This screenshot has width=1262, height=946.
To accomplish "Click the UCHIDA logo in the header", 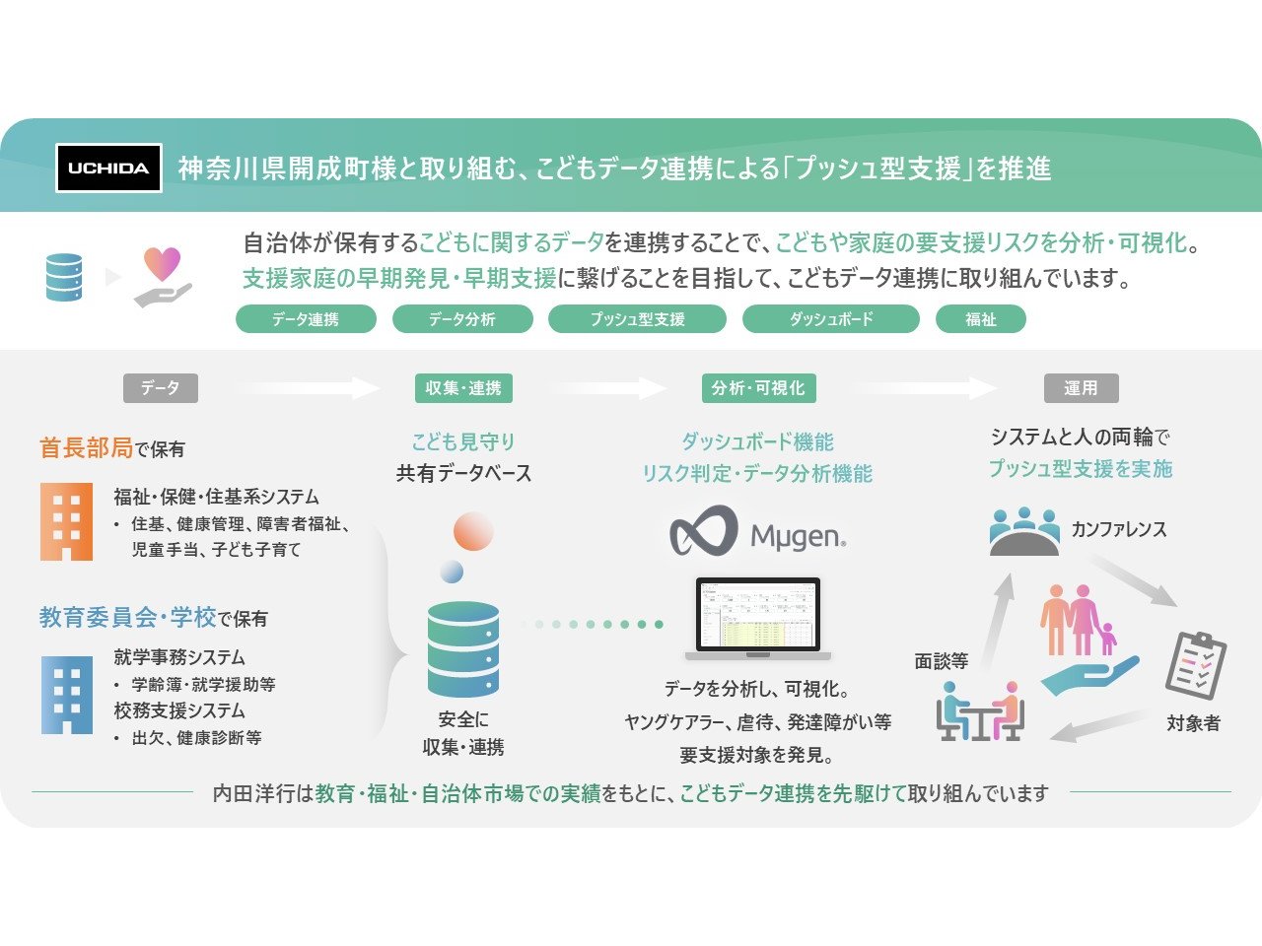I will coord(108,168).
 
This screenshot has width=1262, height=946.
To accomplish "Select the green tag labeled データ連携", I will coord(306,319).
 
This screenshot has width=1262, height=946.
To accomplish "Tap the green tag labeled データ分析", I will coord(462,319).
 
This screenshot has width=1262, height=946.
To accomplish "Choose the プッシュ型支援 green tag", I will coord(637,319).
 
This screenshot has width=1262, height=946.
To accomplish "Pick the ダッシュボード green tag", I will coord(830,319).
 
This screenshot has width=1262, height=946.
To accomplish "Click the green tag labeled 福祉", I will coord(981,319).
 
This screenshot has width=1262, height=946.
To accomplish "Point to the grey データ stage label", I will coord(160,388).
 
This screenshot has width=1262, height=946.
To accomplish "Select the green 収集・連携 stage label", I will coord(463,388).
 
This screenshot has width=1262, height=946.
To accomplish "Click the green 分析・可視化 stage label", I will coord(758,388).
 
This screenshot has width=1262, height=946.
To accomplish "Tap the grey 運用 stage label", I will coord(1081,388).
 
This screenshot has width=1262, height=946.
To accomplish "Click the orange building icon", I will coord(66,522).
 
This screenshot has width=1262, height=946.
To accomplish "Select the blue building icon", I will coord(66,696).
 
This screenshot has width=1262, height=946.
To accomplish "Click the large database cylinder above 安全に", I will coord(463,649).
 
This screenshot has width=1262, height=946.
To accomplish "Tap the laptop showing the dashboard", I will coord(758,619).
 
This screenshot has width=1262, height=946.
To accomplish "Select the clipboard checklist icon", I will coord(1195,665).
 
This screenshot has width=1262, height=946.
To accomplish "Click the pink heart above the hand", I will coord(163,262).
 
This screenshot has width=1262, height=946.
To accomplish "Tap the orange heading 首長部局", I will coord(86,448).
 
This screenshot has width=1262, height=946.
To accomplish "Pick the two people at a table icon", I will coord(980,711).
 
